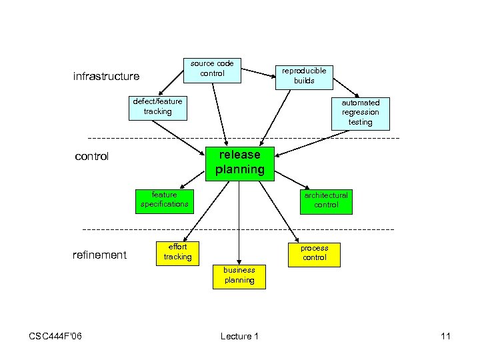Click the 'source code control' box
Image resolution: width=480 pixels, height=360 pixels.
coord(212,69)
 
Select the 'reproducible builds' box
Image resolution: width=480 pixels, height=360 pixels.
coord(304,76)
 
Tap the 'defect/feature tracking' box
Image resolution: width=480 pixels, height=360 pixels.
coord(157,107)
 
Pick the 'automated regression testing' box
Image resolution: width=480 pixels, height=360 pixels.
coord(360,113)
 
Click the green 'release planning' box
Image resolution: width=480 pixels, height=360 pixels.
coord(239,163)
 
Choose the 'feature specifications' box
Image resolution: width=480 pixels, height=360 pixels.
coord(164,199)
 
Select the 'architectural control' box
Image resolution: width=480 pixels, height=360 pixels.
coord(326,200)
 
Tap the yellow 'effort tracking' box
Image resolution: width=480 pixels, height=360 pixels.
coord(177,252)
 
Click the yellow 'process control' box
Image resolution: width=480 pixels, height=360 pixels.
coord(314,253)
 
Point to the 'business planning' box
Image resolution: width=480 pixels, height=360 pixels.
coord(239,275)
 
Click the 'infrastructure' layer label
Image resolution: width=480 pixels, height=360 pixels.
coord(106,77)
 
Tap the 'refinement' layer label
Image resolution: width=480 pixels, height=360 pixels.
coord(99,255)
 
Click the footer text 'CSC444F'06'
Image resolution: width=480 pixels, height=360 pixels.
coord(55,336)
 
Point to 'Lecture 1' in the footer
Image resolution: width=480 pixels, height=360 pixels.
coord(239,336)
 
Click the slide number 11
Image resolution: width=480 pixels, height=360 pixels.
coord(445,336)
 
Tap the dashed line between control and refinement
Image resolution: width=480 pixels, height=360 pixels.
coord(133,229)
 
